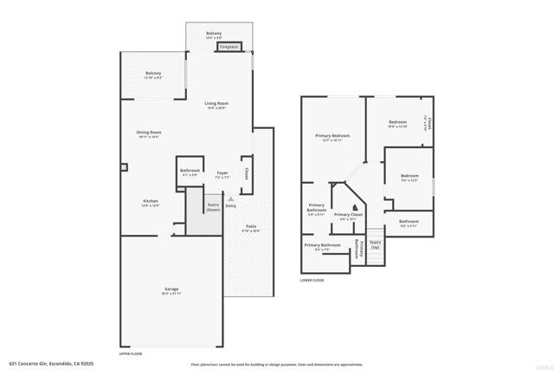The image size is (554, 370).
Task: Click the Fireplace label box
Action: pyautogui.click(x=229, y=47)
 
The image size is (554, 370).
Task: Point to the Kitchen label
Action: pyautogui.click(x=151, y=203)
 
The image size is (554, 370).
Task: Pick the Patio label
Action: pyautogui.click(x=250, y=228)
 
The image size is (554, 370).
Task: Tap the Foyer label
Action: pyautogui.click(x=222, y=174)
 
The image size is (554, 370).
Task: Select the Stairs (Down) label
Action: pyautogui.click(x=213, y=207)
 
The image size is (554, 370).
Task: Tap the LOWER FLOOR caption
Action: pyautogui.click(x=312, y=280)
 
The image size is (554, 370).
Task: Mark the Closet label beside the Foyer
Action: pyautogui.click(x=247, y=173)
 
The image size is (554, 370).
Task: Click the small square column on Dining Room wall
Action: pyautogui.click(x=124, y=166)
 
